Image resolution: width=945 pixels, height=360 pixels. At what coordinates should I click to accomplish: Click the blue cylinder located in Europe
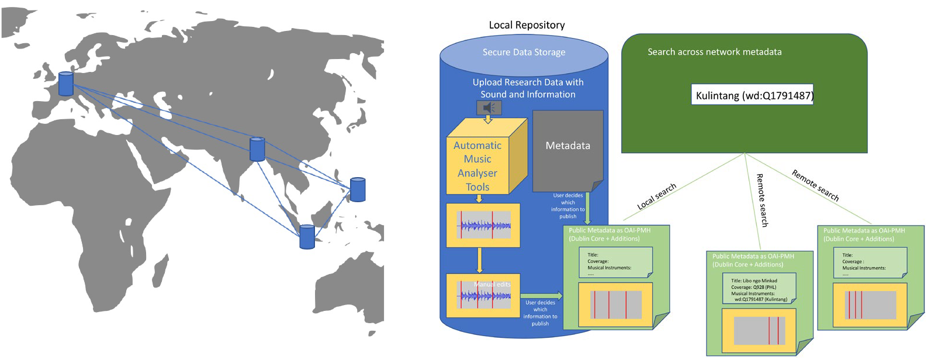coord(66,84)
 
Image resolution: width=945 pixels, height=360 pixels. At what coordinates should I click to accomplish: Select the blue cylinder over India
coord(257,149)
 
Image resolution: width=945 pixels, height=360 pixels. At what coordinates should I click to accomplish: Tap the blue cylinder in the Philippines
coord(358,189)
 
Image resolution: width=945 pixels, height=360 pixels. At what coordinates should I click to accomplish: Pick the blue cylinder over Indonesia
coord(307,237)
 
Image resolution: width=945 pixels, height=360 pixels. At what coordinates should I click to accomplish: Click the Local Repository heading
coord(527,25)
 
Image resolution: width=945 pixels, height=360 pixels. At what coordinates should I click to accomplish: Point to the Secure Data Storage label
coord(524,52)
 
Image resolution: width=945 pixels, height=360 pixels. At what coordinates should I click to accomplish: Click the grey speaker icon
coord(489,108)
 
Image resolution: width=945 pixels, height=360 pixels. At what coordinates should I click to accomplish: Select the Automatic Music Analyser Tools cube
coord(477,166)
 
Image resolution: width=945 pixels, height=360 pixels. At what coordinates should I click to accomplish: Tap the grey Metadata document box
coord(567,150)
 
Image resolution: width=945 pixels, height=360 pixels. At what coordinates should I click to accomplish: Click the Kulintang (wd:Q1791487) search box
coord(754,95)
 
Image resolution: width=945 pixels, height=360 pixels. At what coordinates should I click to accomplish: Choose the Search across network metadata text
coord(714,52)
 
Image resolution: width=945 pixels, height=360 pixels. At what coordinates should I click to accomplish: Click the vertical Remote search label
coord(761,200)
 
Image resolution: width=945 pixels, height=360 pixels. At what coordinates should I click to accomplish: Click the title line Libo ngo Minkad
coord(754,281)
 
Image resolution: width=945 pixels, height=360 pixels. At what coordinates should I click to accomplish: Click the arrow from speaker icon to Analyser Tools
coord(489,119)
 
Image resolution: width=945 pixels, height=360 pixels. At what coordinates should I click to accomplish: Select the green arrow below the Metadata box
coord(587,209)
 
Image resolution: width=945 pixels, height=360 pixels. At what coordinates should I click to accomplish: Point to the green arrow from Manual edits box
coord(541,296)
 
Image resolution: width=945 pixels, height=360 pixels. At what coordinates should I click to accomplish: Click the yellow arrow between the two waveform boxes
coord(479,260)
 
